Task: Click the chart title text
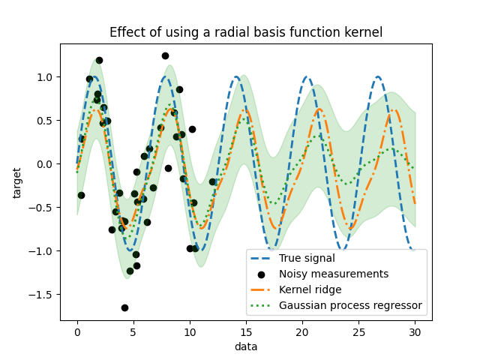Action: point(246,32)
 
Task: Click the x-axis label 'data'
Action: point(246,346)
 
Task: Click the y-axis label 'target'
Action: point(17,182)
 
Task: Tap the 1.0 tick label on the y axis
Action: point(46,77)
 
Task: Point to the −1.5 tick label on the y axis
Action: point(43,295)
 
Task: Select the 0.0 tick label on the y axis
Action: point(46,164)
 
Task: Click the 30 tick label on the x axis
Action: point(415,331)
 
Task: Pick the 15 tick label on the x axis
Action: point(246,331)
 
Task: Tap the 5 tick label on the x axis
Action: point(133,331)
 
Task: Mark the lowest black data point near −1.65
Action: point(124,307)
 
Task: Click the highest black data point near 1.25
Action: point(165,55)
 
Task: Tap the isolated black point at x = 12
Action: point(212,181)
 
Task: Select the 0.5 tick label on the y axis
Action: point(46,121)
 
